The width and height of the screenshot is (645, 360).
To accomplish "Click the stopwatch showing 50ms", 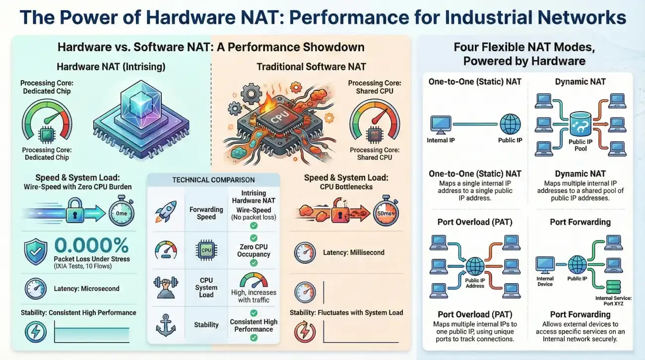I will click(x=385, y=212).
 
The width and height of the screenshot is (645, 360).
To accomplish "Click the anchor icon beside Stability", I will click(x=166, y=324).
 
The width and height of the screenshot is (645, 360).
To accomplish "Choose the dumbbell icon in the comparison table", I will click(x=166, y=286).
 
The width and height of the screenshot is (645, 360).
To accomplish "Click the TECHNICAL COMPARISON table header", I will click(x=213, y=180).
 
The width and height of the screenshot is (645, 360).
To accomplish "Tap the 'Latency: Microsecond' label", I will click(x=86, y=289).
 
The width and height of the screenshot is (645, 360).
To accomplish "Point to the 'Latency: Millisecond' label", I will click(x=353, y=252).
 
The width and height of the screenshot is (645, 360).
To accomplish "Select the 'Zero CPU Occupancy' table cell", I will click(x=254, y=250).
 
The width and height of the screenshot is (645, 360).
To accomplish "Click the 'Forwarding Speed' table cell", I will click(x=206, y=213).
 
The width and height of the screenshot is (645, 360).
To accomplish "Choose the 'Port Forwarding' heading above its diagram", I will click(x=580, y=222).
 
